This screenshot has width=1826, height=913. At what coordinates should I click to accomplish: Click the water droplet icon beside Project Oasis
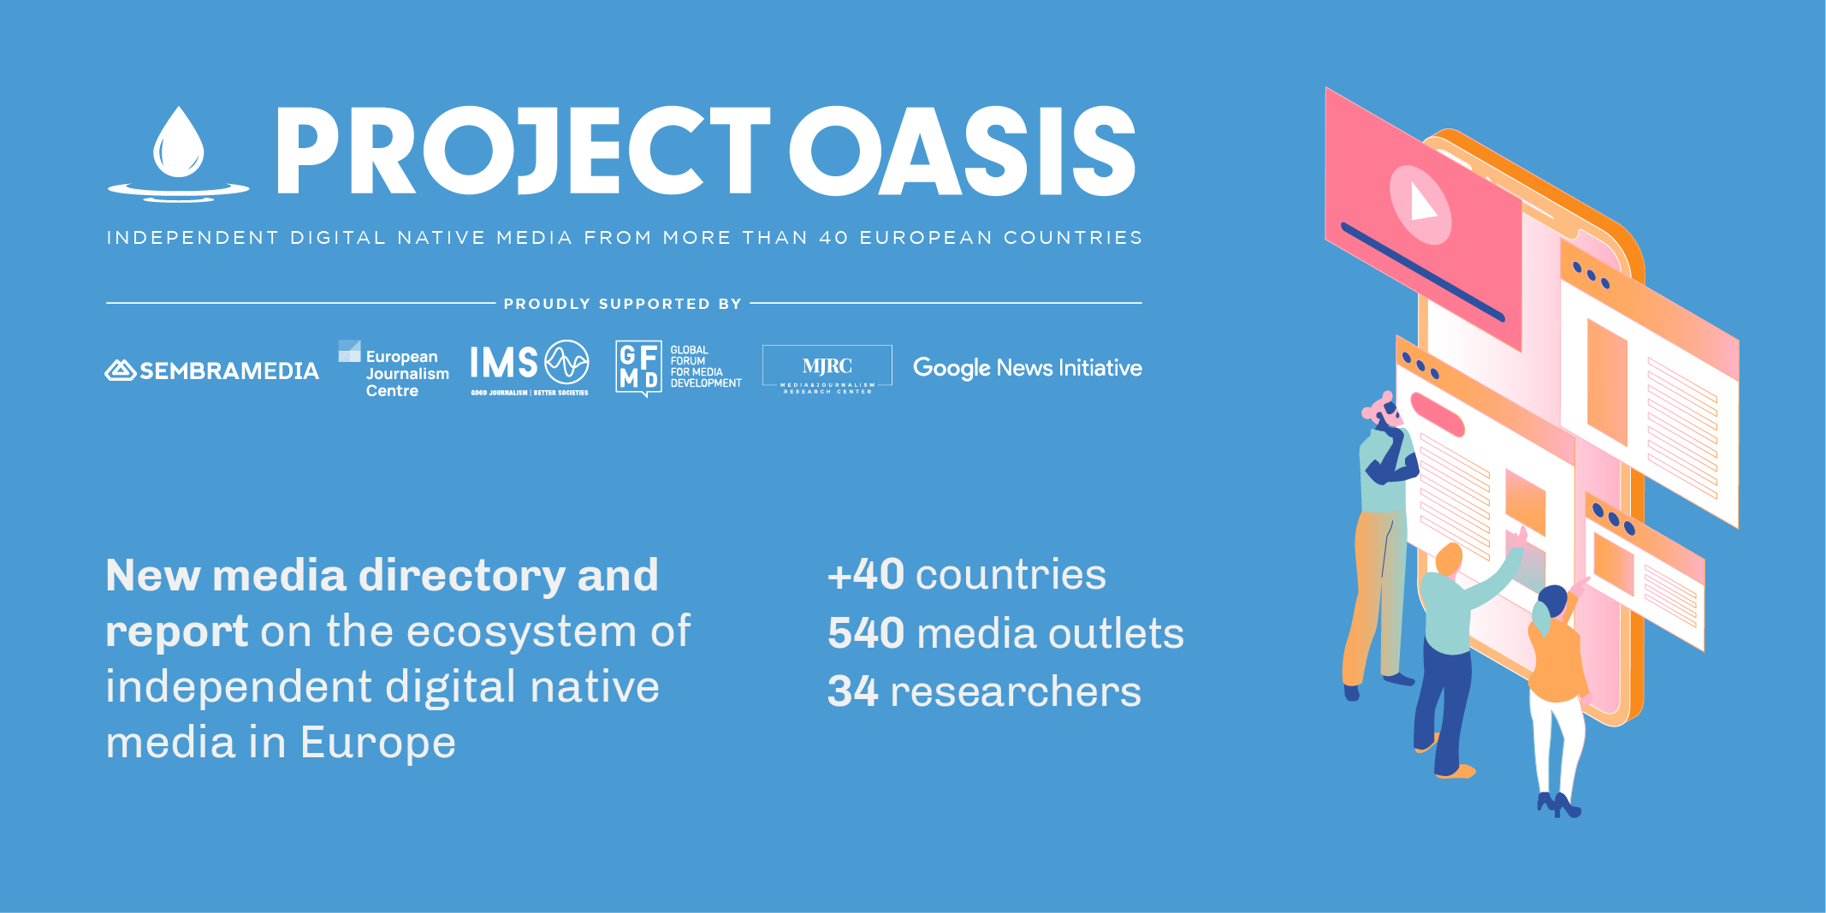(179, 154)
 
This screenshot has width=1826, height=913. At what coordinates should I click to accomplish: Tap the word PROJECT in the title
(523, 151)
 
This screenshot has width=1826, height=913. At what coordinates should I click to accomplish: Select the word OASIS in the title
(962, 151)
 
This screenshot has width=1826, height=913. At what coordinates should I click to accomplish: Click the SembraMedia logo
(212, 371)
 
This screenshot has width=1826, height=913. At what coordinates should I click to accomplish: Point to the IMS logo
(530, 368)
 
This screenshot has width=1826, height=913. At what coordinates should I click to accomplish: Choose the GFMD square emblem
(638, 368)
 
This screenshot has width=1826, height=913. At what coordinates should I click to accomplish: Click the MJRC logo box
(827, 369)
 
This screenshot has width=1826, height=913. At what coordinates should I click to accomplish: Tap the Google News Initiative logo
(1028, 368)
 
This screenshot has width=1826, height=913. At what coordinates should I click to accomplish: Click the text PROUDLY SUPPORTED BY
(623, 304)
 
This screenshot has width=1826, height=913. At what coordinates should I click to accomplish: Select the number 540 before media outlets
(866, 633)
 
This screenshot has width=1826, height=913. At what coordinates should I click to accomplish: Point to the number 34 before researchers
(852, 691)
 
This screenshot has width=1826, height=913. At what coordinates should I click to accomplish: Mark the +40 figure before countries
(866, 574)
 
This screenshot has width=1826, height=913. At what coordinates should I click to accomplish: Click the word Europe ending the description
(377, 742)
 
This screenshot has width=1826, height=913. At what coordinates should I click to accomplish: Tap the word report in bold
(177, 632)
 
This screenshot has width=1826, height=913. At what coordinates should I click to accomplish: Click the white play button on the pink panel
(1421, 203)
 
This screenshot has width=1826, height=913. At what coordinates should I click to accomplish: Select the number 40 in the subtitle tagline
(833, 238)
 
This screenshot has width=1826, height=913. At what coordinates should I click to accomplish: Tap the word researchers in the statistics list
(1016, 691)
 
